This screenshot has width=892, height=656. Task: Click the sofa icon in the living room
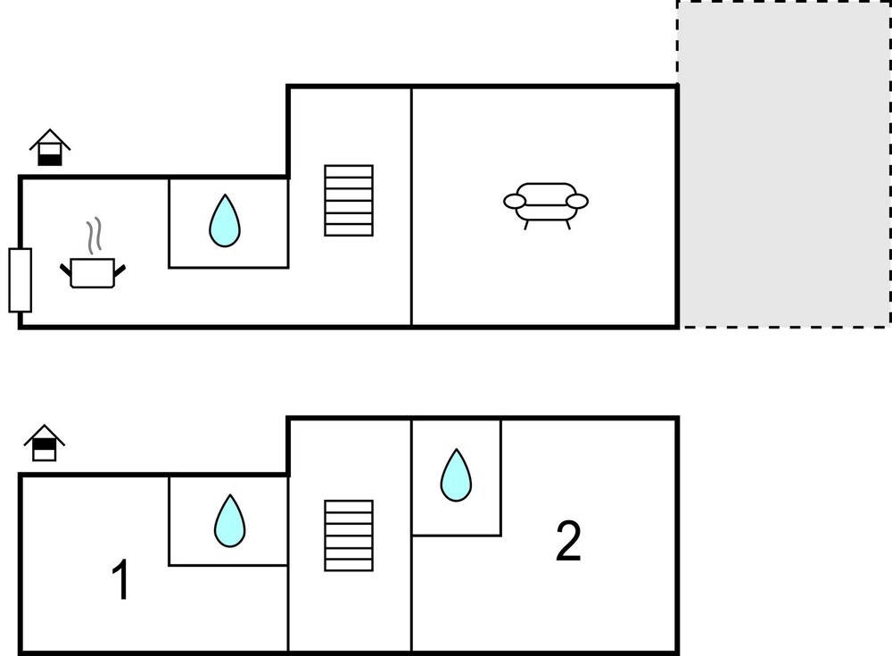pyautogui.click(x=546, y=202)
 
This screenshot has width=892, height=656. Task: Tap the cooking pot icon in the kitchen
pyautogui.click(x=93, y=272)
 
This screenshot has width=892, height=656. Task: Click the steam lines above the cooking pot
pyautogui.click(x=93, y=237)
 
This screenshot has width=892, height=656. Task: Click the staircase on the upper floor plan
pyautogui.click(x=349, y=201)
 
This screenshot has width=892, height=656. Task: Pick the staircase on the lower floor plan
pyautogui.click(x=349, y=535)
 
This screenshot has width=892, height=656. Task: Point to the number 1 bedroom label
pyautogui.click(x=120, y=580)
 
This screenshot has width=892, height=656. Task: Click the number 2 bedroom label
pyautogui.click(x=568, y=542)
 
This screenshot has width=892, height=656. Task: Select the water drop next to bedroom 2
pyautogui.click(x=456, y=475)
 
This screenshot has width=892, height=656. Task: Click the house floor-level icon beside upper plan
pyautogui.click(x=50, y=148)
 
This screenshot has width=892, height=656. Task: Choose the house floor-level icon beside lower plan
pyautogui.click(x=45, y=444)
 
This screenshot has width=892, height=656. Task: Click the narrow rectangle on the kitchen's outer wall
pyautogui.click(x=21, y=280)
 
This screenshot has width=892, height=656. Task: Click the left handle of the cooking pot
pyautogui.click(x=66, y=267)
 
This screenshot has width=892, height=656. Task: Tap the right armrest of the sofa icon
pyautogui.click(x=577, y=201)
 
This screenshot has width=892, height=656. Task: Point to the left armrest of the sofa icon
pyautogui.click(x=515, y=201)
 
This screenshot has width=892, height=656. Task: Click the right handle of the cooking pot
pyautogui.click(x=120, y=267)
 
